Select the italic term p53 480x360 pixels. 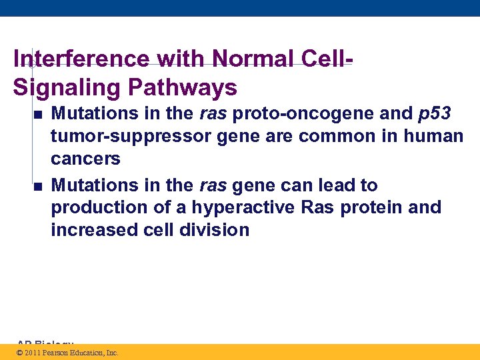(x=435, y=114)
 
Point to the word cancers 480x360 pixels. (x=85, y=159)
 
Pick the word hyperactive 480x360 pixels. (x=243, y=207)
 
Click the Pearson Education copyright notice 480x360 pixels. (x=67, y=353)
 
